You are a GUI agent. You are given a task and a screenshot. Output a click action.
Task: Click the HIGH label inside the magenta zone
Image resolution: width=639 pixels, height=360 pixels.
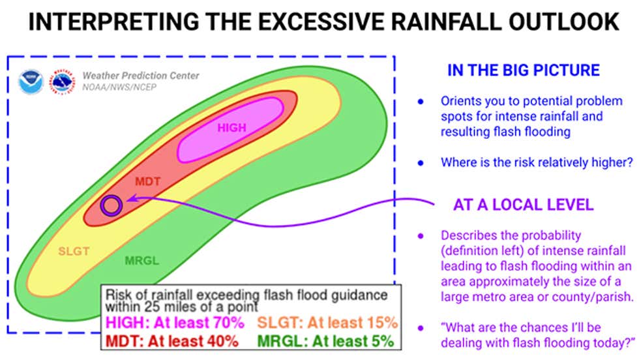(x=231, y=128)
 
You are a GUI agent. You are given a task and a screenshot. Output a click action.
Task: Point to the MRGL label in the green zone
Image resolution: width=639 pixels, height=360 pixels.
(x=141, y=262)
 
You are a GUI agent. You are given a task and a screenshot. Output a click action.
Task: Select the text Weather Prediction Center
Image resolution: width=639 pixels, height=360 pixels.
(x=140, y=76)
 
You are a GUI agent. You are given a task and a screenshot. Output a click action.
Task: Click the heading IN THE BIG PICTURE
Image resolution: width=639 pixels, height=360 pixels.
(x=523, y=70)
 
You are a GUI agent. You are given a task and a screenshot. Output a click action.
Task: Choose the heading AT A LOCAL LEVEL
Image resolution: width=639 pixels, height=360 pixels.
(x=523, y=205)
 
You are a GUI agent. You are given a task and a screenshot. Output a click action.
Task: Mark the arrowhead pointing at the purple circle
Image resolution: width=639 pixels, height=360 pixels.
(x=129, y=199)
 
